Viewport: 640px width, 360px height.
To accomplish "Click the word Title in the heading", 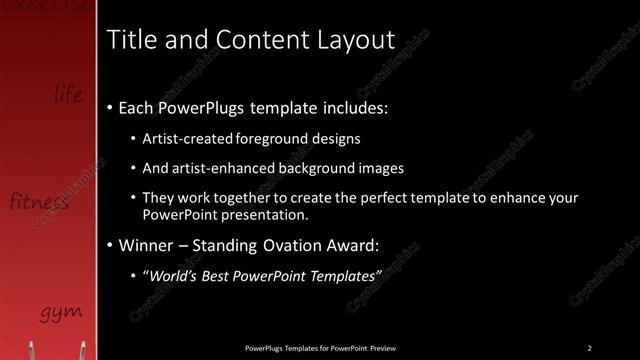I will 131,40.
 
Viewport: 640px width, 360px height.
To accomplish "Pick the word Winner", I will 148,244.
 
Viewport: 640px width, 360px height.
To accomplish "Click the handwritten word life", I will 69,95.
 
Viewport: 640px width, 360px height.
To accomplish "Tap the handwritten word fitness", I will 39,202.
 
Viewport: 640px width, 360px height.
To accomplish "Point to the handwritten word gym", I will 61,313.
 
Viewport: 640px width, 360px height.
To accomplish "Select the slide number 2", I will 589,348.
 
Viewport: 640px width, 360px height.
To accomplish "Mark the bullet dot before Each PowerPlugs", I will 109,107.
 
